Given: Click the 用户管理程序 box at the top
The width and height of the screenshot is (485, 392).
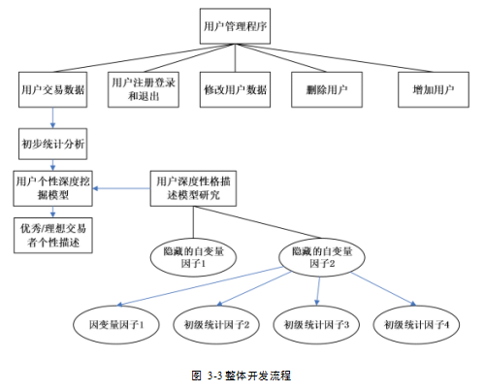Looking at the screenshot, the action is (235, 26).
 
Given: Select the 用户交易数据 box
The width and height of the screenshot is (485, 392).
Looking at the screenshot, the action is (52, 89).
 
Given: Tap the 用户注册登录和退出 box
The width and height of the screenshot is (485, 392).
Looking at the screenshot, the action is (144, 89).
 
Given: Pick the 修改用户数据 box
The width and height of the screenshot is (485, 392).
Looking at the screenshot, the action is (235, 89).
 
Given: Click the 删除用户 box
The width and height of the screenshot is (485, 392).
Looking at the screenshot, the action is (327, 89).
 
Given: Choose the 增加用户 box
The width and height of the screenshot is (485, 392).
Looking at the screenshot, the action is (434, 89).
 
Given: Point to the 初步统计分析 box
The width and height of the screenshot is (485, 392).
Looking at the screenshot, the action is (52, 144).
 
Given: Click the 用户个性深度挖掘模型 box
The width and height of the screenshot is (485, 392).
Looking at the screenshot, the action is (52, 188).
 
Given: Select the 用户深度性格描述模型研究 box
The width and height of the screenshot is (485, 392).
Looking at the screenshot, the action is (193, 188).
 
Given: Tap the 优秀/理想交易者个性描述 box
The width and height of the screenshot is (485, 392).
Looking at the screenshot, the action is (53, 235).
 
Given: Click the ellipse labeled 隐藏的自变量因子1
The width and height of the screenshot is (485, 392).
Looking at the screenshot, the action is (193, 257).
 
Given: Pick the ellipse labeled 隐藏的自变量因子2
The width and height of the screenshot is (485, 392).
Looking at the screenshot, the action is (322, 257).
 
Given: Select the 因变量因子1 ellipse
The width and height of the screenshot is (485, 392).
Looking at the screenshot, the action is (116, 324).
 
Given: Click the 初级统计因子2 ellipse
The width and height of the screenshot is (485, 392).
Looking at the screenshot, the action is (216, 324).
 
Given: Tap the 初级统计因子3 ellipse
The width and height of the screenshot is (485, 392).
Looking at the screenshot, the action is (316, 324).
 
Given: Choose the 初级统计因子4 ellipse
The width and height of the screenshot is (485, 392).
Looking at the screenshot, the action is (416, 324).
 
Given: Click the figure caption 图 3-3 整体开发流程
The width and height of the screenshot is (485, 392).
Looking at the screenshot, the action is (242, 376).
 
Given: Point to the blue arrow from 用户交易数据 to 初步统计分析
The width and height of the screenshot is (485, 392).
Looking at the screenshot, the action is (52, 117).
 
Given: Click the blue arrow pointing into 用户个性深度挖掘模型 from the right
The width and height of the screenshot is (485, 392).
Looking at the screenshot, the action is (121, 188).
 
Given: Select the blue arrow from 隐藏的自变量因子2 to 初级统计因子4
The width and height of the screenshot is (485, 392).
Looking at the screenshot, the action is (383, 289).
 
